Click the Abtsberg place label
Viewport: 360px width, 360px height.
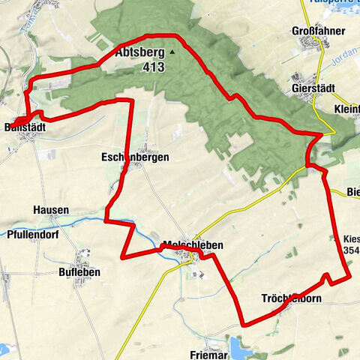point(140,53)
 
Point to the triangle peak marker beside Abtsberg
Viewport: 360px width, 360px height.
point(172,52)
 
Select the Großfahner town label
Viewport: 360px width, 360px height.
point(318,31)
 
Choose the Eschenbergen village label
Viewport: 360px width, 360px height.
point(135,157)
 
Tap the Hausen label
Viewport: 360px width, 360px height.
point(51,210)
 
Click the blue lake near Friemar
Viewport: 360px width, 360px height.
point(241,347)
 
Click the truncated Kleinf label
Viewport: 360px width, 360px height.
point(346,109)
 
